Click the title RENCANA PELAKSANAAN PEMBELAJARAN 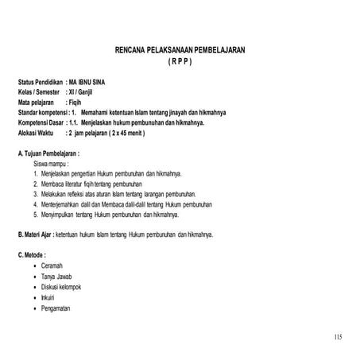(180, 49)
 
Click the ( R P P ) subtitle (180, 61)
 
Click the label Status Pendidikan (41, 83)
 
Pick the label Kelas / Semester (41, 92)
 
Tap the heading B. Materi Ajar (43, 234)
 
